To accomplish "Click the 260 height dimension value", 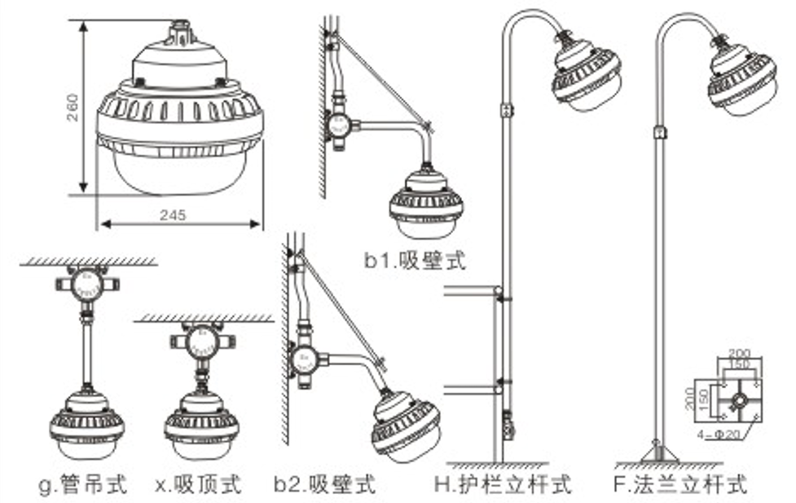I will pos(73,106).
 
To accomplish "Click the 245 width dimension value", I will pos(173,215).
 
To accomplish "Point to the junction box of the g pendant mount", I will pos(86,285).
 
